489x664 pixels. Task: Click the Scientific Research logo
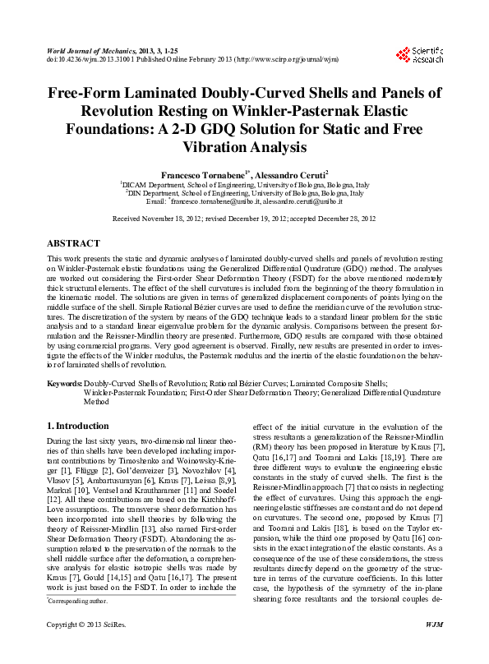tap(419, 55)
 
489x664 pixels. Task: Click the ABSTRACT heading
tap(74, 244)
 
